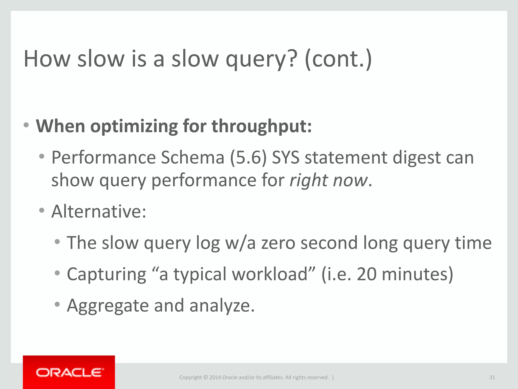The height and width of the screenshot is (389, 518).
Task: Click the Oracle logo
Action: point(70,373)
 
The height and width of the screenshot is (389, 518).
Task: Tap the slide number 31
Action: point(492,377)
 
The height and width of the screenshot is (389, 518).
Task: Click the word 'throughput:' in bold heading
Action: point(262,126)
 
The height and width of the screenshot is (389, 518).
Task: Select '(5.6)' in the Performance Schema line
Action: point(248,158)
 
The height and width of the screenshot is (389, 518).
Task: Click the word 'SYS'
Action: point(286,158)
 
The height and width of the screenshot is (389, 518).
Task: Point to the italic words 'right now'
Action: point(328,180)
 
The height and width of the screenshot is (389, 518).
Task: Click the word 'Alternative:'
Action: point(99,211)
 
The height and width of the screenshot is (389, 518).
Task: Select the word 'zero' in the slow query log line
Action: point(278,243)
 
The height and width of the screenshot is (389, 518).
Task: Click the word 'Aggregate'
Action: point(108,306)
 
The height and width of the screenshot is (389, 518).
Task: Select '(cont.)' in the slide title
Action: point(338,59)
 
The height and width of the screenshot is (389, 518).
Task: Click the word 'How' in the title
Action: point(47,59)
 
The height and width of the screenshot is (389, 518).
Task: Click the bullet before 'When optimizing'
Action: point(26,125)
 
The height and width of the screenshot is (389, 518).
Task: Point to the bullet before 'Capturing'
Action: point(57,273)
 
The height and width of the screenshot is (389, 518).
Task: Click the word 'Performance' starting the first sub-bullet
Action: point(103,158)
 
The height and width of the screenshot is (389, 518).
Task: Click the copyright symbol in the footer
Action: point(205,377)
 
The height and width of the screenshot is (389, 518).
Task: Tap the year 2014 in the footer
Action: point(215,377)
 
